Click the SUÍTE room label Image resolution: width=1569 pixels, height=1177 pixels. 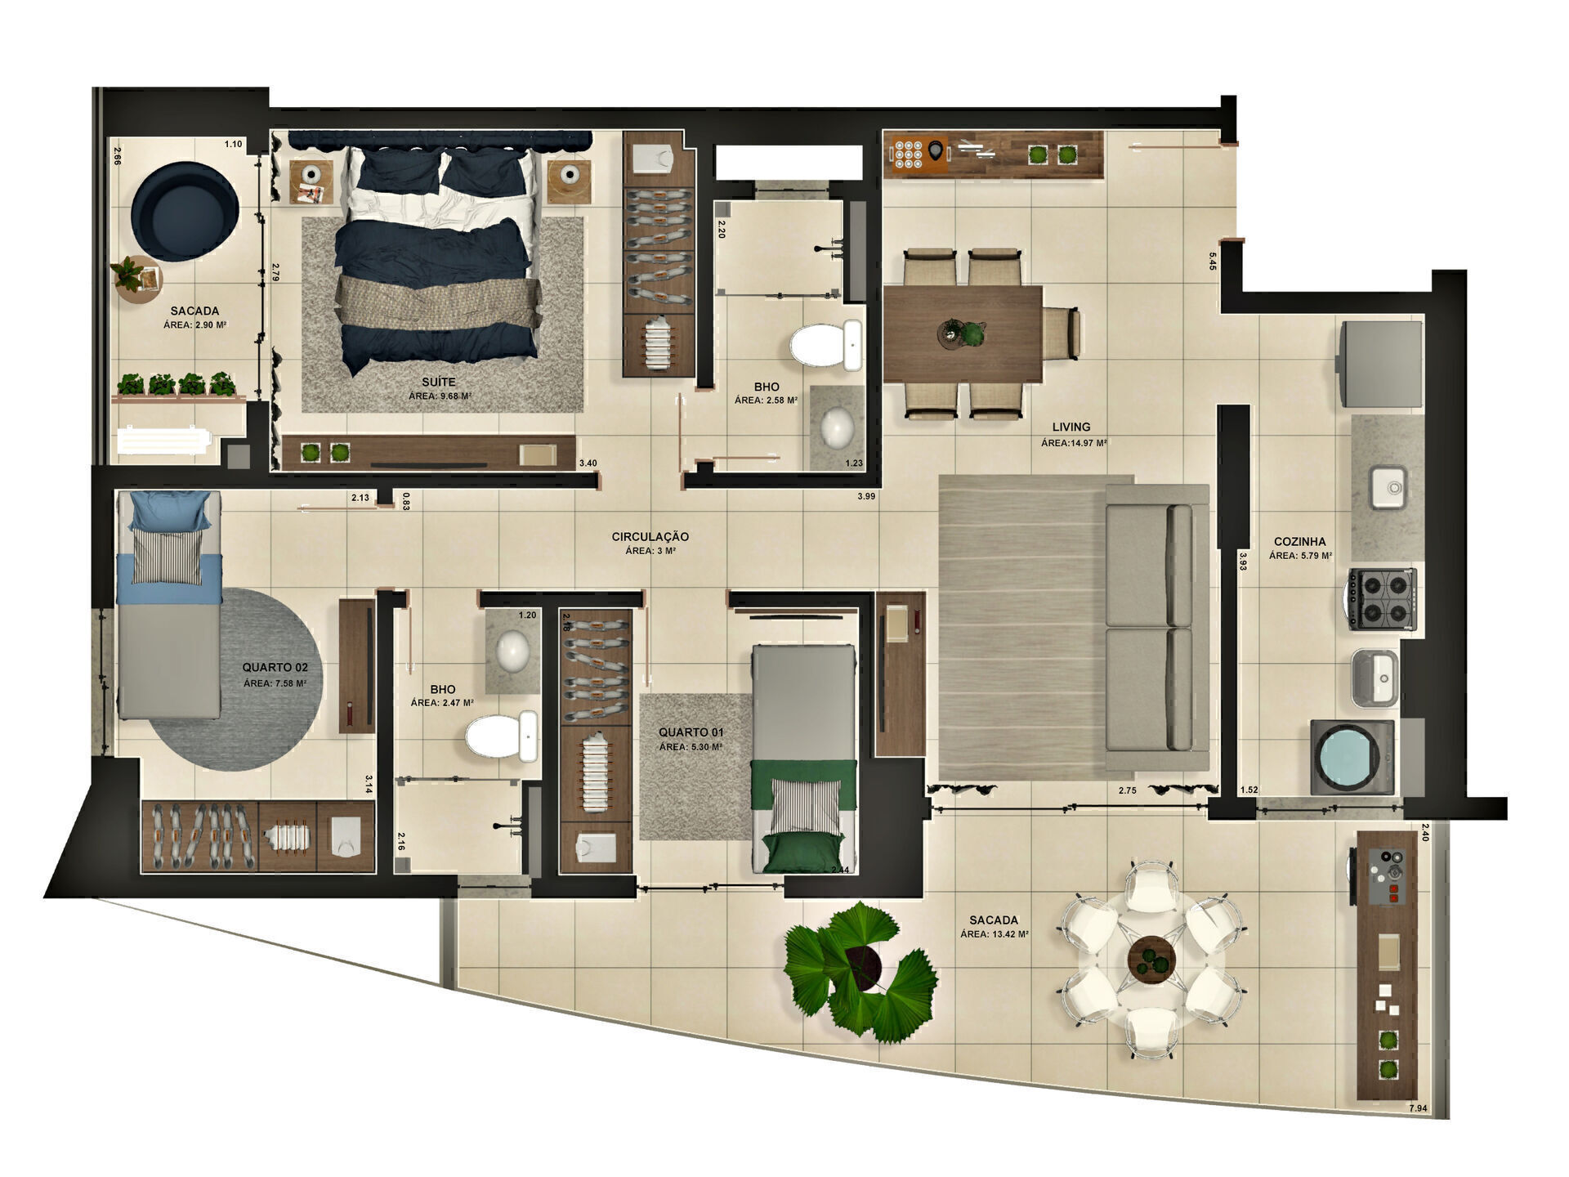point(439,382)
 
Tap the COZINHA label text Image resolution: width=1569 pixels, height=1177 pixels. point(1299,541)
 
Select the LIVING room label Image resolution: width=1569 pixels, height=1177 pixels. point(1071,427)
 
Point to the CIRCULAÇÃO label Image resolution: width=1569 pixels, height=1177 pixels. point(650,537)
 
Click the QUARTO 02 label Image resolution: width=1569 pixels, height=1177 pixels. point(275,668)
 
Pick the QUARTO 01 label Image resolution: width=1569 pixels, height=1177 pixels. point(691,732)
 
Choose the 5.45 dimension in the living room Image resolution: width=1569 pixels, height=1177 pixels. point(1212,261)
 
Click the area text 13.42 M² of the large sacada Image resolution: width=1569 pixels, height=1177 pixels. point(995,934)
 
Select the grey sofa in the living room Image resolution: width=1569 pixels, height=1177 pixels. point(1156,627)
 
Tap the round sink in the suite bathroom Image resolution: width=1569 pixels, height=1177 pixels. point(837,426)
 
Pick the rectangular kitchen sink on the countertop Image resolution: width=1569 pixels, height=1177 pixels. point(1387,487)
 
